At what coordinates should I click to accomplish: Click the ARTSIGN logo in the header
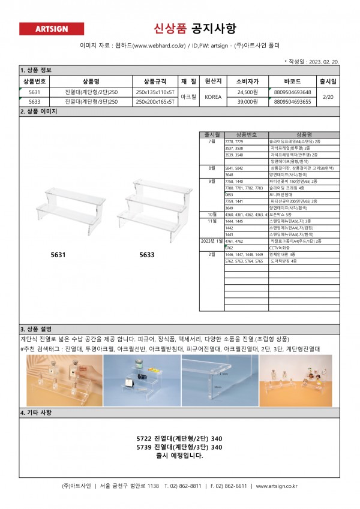(x=52, y=29)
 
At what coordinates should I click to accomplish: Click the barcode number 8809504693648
(x=292, y=92)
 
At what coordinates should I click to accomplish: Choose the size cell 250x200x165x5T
(x=155, y=102)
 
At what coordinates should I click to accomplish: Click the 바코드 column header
(x=292, y=81)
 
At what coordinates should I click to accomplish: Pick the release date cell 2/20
(x=328, y=97)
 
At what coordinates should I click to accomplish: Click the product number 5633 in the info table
(x=34, y=102)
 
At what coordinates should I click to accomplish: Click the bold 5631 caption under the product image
(x=58, y=255)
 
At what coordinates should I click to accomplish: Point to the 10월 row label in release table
(x=212, y=214)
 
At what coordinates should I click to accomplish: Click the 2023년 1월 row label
(x=211, y=240)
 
